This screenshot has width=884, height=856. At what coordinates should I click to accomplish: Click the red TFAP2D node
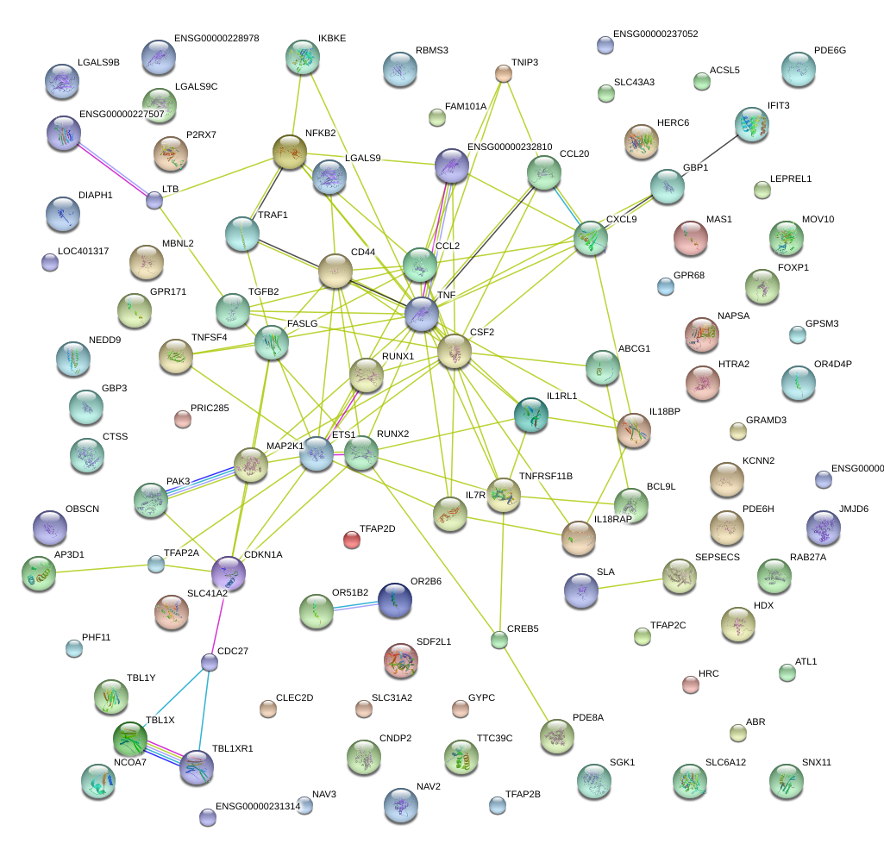coord(352,540)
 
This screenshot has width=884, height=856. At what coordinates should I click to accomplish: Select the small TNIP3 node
coord(503,72)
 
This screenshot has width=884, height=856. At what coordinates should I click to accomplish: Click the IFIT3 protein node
coord(751,124)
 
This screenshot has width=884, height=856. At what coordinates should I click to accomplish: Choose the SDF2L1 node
coord(400,660)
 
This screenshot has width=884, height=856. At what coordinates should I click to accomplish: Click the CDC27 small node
coord(210,662)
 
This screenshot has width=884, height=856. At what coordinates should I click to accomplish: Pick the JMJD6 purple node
coord(823,528)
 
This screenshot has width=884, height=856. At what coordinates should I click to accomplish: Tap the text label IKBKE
coord(332,39)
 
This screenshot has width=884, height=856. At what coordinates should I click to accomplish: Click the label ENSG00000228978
coord(216,39)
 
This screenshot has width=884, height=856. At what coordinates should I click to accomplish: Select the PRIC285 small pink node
coord(182,419)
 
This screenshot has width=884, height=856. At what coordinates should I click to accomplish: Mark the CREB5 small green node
coord(498,640)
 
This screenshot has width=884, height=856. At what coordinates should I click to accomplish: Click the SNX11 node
coord(786,780)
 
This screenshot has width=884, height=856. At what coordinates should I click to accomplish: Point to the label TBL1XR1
coord(233,748)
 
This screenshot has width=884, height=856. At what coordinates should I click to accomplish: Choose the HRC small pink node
coord(690,684)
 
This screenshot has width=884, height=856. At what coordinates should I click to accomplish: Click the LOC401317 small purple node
coord(50,263)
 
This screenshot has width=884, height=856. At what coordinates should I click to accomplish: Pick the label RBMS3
coord(432,51)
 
